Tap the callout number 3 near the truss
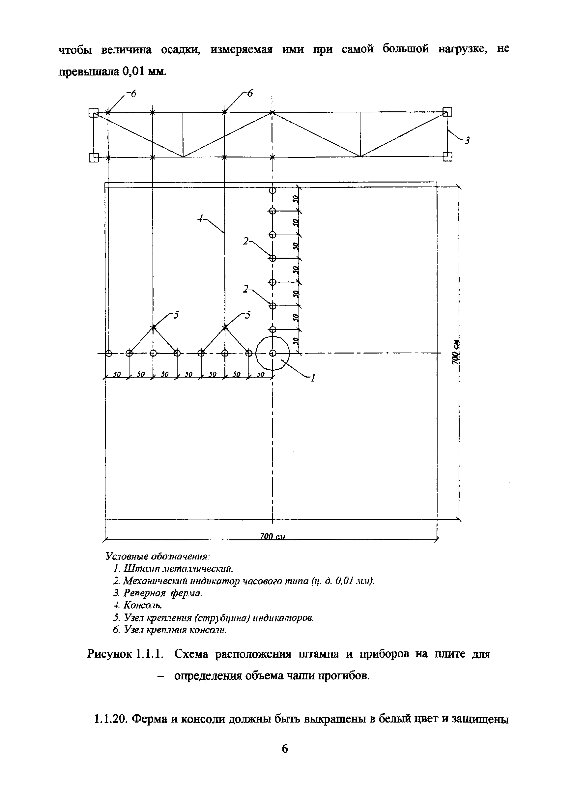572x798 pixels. (x=467, y=141)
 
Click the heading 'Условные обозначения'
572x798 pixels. (x=157, y=556)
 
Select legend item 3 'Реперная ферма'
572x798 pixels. (x=158, y=593)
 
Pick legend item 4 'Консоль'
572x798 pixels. (x=138, y=606)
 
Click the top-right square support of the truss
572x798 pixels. (x=447, y=112)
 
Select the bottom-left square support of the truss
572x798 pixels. (x=94, y=157)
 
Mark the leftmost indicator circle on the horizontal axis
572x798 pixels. (x=108, y=353)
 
